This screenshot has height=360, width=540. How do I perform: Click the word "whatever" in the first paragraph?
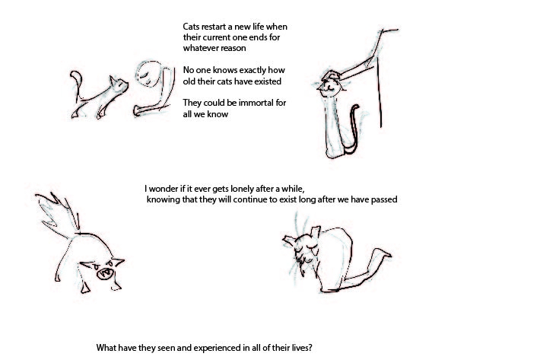click(198, 48)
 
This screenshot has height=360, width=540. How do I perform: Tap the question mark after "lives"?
click(310, 348)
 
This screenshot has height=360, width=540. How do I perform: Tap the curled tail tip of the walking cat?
click(75, 76)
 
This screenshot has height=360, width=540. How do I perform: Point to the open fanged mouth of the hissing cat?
click(106, 272)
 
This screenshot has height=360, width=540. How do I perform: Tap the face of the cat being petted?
click(329, 88)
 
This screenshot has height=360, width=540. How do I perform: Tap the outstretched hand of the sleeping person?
click(138, 110)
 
